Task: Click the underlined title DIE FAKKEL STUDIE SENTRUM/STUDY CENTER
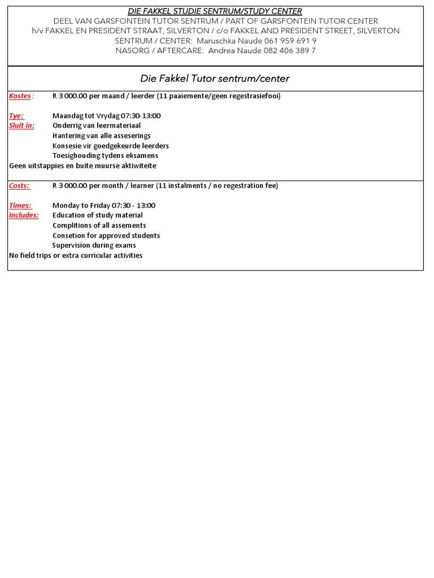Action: (215, 11)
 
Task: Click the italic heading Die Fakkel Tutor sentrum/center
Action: (214, 78)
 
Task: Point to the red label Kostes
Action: (20, 96)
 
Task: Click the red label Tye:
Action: (16, 116)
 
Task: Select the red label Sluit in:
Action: (21, 125)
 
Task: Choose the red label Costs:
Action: (19, 186)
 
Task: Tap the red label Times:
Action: (20, 205)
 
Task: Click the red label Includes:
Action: (24, 215)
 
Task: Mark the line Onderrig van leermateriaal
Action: (96, 125)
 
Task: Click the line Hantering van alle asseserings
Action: (102, 135)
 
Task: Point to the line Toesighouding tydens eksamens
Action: (105, 155)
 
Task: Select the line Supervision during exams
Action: (94, 246)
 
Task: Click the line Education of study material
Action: (97, 215)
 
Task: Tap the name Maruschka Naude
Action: (224, 41)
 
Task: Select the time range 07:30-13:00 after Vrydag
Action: (140, 116)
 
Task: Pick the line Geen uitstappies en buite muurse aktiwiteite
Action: (83, 165)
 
